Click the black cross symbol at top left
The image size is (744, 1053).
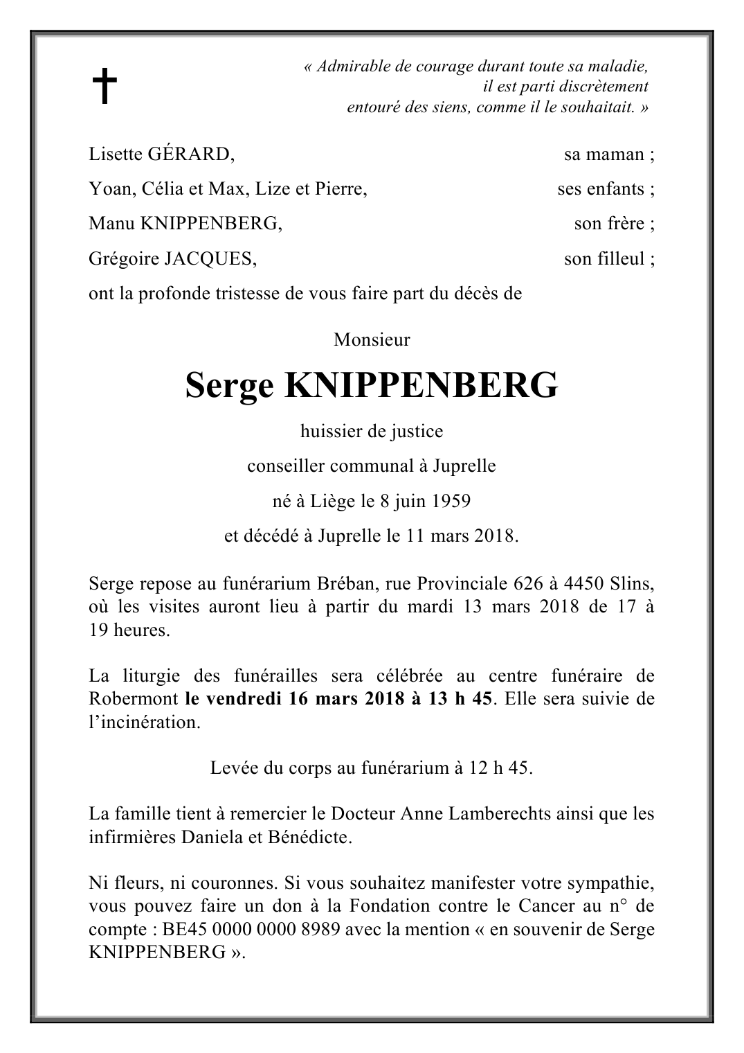coord(105,86)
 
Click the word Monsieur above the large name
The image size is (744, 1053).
coord(372,340)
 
